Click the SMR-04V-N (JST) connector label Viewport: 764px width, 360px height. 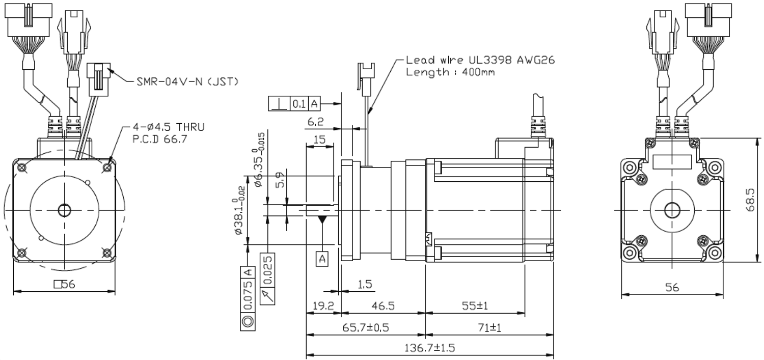pyautogui.click(x=187, y=82)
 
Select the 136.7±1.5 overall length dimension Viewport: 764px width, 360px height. pyautogui.click(x=430, y=348)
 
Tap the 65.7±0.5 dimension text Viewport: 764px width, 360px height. pyautogui.click(x=366, y=328)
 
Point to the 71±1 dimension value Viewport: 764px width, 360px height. pyautogui.click(x=489, y=328)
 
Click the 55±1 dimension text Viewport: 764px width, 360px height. pyautogui.click(x=475, y=306)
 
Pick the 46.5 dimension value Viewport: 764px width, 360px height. pyautogui.click(x=383, y=306)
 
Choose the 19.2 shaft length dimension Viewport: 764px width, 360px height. pyautogui.click(x=323, y=306)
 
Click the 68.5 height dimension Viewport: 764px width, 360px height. pyautogui.click(x=750, y=200)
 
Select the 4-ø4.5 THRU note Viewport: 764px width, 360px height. pyautogui.click(x=169, y=127)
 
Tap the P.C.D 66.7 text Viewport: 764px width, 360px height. pyautogui.click(x=159, y=139)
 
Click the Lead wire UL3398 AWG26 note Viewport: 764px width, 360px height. pyautogui.click(x=480, y=60)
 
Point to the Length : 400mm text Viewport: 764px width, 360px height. pyautogui.click(x=450, y=72)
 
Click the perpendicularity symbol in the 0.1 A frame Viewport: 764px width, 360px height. pyautogui.click(x=279, y=104)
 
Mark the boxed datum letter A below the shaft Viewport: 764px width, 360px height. pyautogui.click(x=322, y=259)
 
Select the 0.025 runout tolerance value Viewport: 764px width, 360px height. pyautogui.click(x=268, y=270)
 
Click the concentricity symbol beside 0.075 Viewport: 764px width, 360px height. pyautogui.click(x=248, y=321)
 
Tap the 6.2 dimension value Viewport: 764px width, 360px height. pyautogui.click(x=315, y=122)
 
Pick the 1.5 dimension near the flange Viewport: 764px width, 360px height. pyautogui.click(x=365, y=284)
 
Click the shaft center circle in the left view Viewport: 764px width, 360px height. pyautogui.click(x=65, y=210)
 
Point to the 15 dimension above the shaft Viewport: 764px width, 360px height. pyautogui.click(x=319, y=140)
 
